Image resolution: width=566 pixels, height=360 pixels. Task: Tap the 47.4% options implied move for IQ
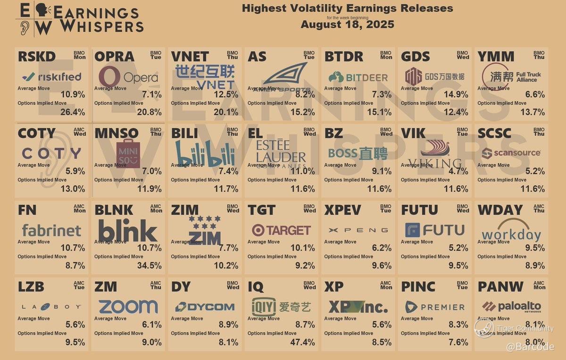(x=303, y=343)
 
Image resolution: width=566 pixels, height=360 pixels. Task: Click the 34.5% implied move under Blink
(x=150, y=266)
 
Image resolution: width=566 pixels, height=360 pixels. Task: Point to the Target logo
(x=281, y=230)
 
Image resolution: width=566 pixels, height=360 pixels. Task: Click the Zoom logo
(x=128, y=307)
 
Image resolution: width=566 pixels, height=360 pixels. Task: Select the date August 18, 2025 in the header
(x=347, y=25)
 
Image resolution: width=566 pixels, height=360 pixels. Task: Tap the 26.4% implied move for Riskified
(x=73, y=112)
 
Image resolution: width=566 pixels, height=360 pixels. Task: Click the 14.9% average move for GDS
(x=456, y=94)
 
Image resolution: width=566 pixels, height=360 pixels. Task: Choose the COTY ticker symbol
(x=36, y=134)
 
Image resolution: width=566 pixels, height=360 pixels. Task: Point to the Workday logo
(x=511, y=231)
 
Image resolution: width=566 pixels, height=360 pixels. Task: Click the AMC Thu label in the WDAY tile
(x=539, y=208)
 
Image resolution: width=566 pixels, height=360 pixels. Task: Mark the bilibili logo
(x=205, y=154)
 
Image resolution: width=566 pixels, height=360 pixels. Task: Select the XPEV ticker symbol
(x=342, y=210)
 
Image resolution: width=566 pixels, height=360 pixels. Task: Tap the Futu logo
(x=434, y=230)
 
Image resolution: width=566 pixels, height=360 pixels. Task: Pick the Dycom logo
(x=205, y=307)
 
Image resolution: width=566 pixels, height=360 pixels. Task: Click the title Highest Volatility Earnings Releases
(x=347, y=8)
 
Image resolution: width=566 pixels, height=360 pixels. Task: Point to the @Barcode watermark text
(x=530, y=347)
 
